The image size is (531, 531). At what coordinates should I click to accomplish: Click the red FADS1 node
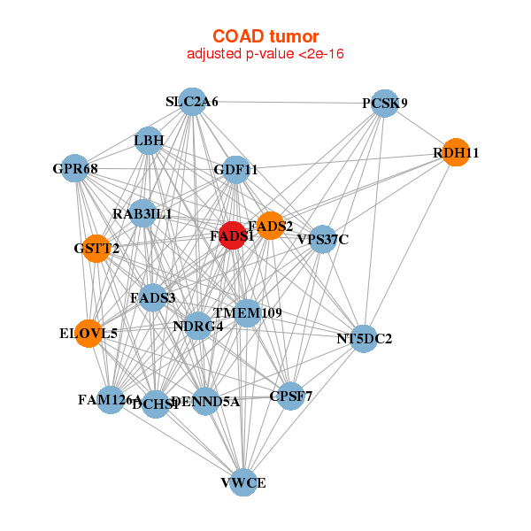(232, 235)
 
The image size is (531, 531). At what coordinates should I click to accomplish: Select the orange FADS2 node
(270, 226)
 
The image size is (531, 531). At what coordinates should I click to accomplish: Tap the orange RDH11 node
(455, 152)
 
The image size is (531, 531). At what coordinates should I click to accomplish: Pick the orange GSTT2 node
(88, 248)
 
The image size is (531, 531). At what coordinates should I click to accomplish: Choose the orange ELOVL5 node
(88, 334)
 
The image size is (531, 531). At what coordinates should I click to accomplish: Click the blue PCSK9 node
(384, 103)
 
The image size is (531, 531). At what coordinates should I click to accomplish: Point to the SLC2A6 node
(192, 102)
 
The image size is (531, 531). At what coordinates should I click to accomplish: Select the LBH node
(149, 140)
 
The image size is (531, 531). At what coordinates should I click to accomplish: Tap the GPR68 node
(75, 168)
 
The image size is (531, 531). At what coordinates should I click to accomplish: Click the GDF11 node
(235, 169)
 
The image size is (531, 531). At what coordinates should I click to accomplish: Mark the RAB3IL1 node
(142, 214)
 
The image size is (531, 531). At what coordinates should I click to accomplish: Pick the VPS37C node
(323, 239)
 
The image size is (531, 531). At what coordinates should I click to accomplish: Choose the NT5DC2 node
(364, 338)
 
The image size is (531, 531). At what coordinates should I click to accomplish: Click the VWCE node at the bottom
(243, 482)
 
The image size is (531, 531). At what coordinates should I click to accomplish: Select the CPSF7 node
(291, 395)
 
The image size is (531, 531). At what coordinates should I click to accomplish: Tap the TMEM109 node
(247, 313)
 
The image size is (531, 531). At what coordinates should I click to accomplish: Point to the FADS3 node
(152, 298)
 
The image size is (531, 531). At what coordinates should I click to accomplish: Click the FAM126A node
(111, 400)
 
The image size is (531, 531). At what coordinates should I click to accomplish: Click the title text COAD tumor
(265, 36)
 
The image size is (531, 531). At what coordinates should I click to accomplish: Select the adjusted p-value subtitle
(265, 55)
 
